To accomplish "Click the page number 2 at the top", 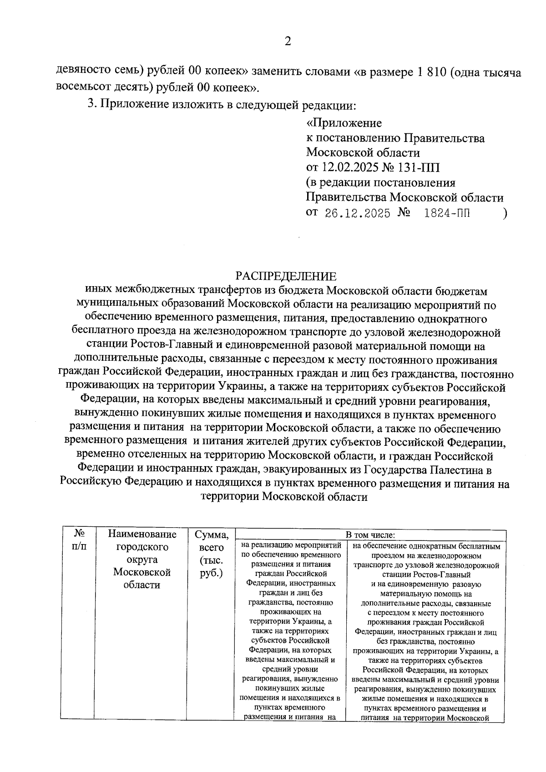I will (x=287, y=42).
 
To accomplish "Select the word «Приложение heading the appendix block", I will (x=344, y=123).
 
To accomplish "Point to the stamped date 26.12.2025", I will (x=357, y=213).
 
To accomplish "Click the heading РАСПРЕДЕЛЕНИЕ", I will (x=286, y=276).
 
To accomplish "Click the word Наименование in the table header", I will (x=142, y=534).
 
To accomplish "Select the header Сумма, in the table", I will (x=211, y=534).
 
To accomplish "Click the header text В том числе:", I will (x=370, y=535).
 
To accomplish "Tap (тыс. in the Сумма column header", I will (x=211, y=560).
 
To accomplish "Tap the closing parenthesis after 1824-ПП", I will (x=505, y=213).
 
